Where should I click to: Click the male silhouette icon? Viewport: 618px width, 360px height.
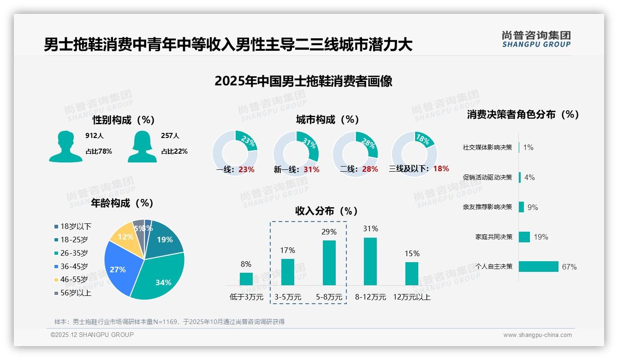pyautogui.click(x=65, y=146)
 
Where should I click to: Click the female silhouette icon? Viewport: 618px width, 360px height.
pyautogui.click(x=142, y=146)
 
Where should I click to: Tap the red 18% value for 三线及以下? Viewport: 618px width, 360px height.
pyautogui.click(x=441, y=168)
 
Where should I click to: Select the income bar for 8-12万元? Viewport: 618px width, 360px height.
pyautogui.click(x=370, y=261)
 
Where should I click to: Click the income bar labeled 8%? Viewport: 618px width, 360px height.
pyautogui.click(x=246, y=279)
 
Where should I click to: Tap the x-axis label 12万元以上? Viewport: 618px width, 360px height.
pyautogui.click(x=411, y=297)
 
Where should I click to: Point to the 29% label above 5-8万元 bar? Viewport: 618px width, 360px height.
pyautogui.click(x=329, y=232)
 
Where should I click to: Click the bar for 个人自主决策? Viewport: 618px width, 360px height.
pyautogui.click(x=538, y=266)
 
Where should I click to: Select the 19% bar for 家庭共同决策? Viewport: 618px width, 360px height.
pyautogui.click(x=524, y=237)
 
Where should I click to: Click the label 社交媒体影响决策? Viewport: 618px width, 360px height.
pyautogui.click(x=487, y=147)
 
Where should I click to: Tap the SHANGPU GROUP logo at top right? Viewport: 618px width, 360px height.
pyautogui.click(x=536, y=39)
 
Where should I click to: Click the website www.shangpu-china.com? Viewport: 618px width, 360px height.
pyautogui.click(x=537, y=335)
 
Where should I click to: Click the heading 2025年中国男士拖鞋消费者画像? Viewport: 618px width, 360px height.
pyautogui.click(x=303, y=81)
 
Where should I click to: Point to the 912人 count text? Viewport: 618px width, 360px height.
pyautogui.click(x=95, y=136)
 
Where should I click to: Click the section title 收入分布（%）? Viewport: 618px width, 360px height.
pyautogui.click(x=327, y=211)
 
